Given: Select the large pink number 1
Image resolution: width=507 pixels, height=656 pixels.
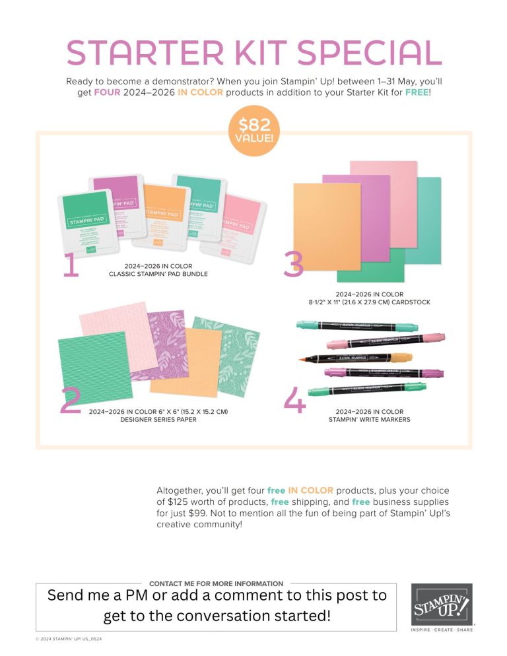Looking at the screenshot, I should pyautogui.click(x=71, y=265).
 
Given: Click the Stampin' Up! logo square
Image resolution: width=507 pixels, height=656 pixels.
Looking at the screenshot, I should pyautogui.click(x=442, y=605).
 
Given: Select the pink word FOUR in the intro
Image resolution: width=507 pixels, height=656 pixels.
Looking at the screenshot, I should pyautogui.click(x=107, y=92).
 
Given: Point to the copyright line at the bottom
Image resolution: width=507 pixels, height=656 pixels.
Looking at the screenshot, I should pyautogui.click(x=69, y=640).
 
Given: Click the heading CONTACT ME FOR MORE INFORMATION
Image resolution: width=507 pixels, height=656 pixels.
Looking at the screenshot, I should pyautogui.click(x=216, y=583).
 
